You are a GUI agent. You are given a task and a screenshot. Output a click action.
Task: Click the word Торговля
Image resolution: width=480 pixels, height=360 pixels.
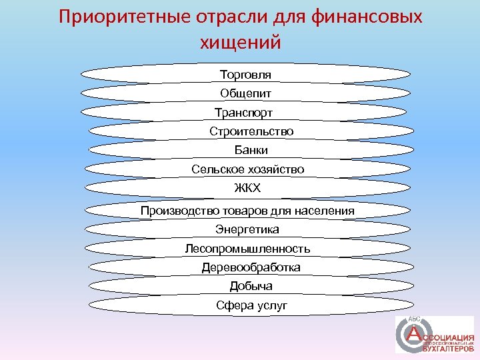245,73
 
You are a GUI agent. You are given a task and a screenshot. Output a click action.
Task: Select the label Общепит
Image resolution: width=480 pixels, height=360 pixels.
245,93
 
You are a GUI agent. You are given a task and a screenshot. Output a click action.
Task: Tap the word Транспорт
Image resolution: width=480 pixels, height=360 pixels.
243,112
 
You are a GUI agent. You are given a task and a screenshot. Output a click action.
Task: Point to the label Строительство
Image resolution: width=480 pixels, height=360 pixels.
251,131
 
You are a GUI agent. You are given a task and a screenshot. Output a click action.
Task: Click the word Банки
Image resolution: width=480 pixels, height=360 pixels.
251,150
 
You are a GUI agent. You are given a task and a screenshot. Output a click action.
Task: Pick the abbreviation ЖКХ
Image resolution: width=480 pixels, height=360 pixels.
247,188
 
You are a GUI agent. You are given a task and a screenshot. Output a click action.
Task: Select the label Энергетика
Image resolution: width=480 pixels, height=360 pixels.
247,229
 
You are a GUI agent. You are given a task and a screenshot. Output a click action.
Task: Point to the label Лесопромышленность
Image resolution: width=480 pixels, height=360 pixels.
247,249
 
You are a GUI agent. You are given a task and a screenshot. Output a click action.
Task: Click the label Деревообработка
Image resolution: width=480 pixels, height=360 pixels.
251,267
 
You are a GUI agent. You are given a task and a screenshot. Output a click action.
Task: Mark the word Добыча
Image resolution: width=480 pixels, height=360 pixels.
251,286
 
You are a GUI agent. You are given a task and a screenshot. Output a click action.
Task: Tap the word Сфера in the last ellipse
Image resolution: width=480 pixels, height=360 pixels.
232,305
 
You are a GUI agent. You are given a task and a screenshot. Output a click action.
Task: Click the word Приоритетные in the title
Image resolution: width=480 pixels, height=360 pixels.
119,16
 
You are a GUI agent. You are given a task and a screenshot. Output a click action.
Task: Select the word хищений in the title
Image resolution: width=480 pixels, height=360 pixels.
241,41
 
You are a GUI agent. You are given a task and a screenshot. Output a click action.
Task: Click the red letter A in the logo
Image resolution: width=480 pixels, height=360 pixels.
415,332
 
